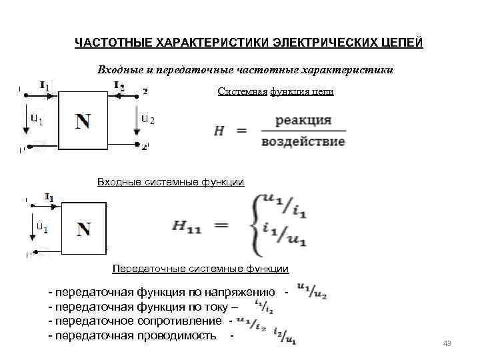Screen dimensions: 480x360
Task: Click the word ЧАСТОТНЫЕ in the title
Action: pos(112,43)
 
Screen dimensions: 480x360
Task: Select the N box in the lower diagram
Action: pos(83,229)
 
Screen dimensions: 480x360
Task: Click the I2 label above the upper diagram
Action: pos(119,85)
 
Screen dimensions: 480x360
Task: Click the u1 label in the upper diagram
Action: pos(37,119)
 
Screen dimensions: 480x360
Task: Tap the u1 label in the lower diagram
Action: pos(41,227)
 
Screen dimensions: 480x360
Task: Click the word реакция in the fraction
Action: pos(303,121)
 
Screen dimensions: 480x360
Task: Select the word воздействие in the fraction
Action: pos(303,141)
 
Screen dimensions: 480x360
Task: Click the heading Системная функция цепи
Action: pos(275,92)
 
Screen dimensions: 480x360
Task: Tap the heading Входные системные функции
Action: pos(171,181)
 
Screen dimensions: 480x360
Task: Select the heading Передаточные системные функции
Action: pos(200,269)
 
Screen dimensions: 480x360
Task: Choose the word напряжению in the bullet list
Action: pos(241,293)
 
